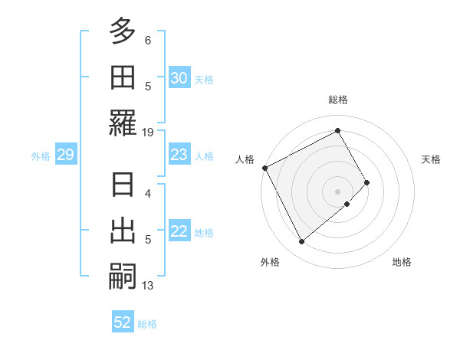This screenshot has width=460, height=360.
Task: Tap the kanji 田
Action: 123,78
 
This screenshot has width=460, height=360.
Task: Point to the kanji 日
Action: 123,186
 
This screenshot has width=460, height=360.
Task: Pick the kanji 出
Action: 123,231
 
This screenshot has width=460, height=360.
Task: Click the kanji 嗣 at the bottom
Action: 123,277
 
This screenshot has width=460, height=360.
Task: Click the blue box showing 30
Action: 179,78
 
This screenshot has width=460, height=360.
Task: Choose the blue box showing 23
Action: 179,155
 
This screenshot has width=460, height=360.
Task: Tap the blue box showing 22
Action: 179,232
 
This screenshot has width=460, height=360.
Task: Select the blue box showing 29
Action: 65,155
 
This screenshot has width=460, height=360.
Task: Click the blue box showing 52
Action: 123,322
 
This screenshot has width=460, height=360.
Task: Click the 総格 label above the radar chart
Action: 337,100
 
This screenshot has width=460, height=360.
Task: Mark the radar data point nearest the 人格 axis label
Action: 264,168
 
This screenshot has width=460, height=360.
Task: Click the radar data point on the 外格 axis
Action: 301,242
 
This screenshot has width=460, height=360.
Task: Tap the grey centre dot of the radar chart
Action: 337,191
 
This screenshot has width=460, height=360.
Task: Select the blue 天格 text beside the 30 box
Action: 204,79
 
